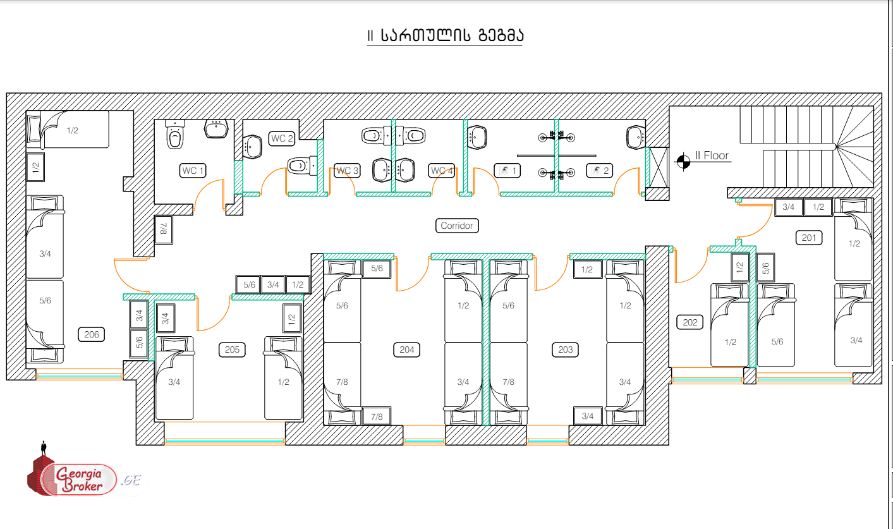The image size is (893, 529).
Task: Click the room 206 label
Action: click(x=92, y=334)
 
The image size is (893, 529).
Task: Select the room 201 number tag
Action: click(x=809, y=238)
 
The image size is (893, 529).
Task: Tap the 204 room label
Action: click(x=407, y=350)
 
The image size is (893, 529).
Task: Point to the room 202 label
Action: click(x=690, y=322)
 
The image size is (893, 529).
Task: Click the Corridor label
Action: click(x=456, y=226)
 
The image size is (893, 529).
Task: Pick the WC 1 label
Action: click(x=193, y=171)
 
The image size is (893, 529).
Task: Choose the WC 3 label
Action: click(x=347, y=171)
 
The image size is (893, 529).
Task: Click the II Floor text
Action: click(x=712, y=155)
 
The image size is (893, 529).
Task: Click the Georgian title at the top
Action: click(x=446, y=36)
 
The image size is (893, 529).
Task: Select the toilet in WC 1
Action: click(x=175, y=135)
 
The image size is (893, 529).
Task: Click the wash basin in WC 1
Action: click(x=216, y=128)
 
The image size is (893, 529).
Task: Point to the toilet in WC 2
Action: click(x=300, y=166)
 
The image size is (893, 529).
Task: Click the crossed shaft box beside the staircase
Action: click(x=659, y=167)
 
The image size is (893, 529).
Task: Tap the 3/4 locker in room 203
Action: click(x=587, y=416)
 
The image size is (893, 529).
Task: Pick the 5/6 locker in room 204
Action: click(x=377, y=269)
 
